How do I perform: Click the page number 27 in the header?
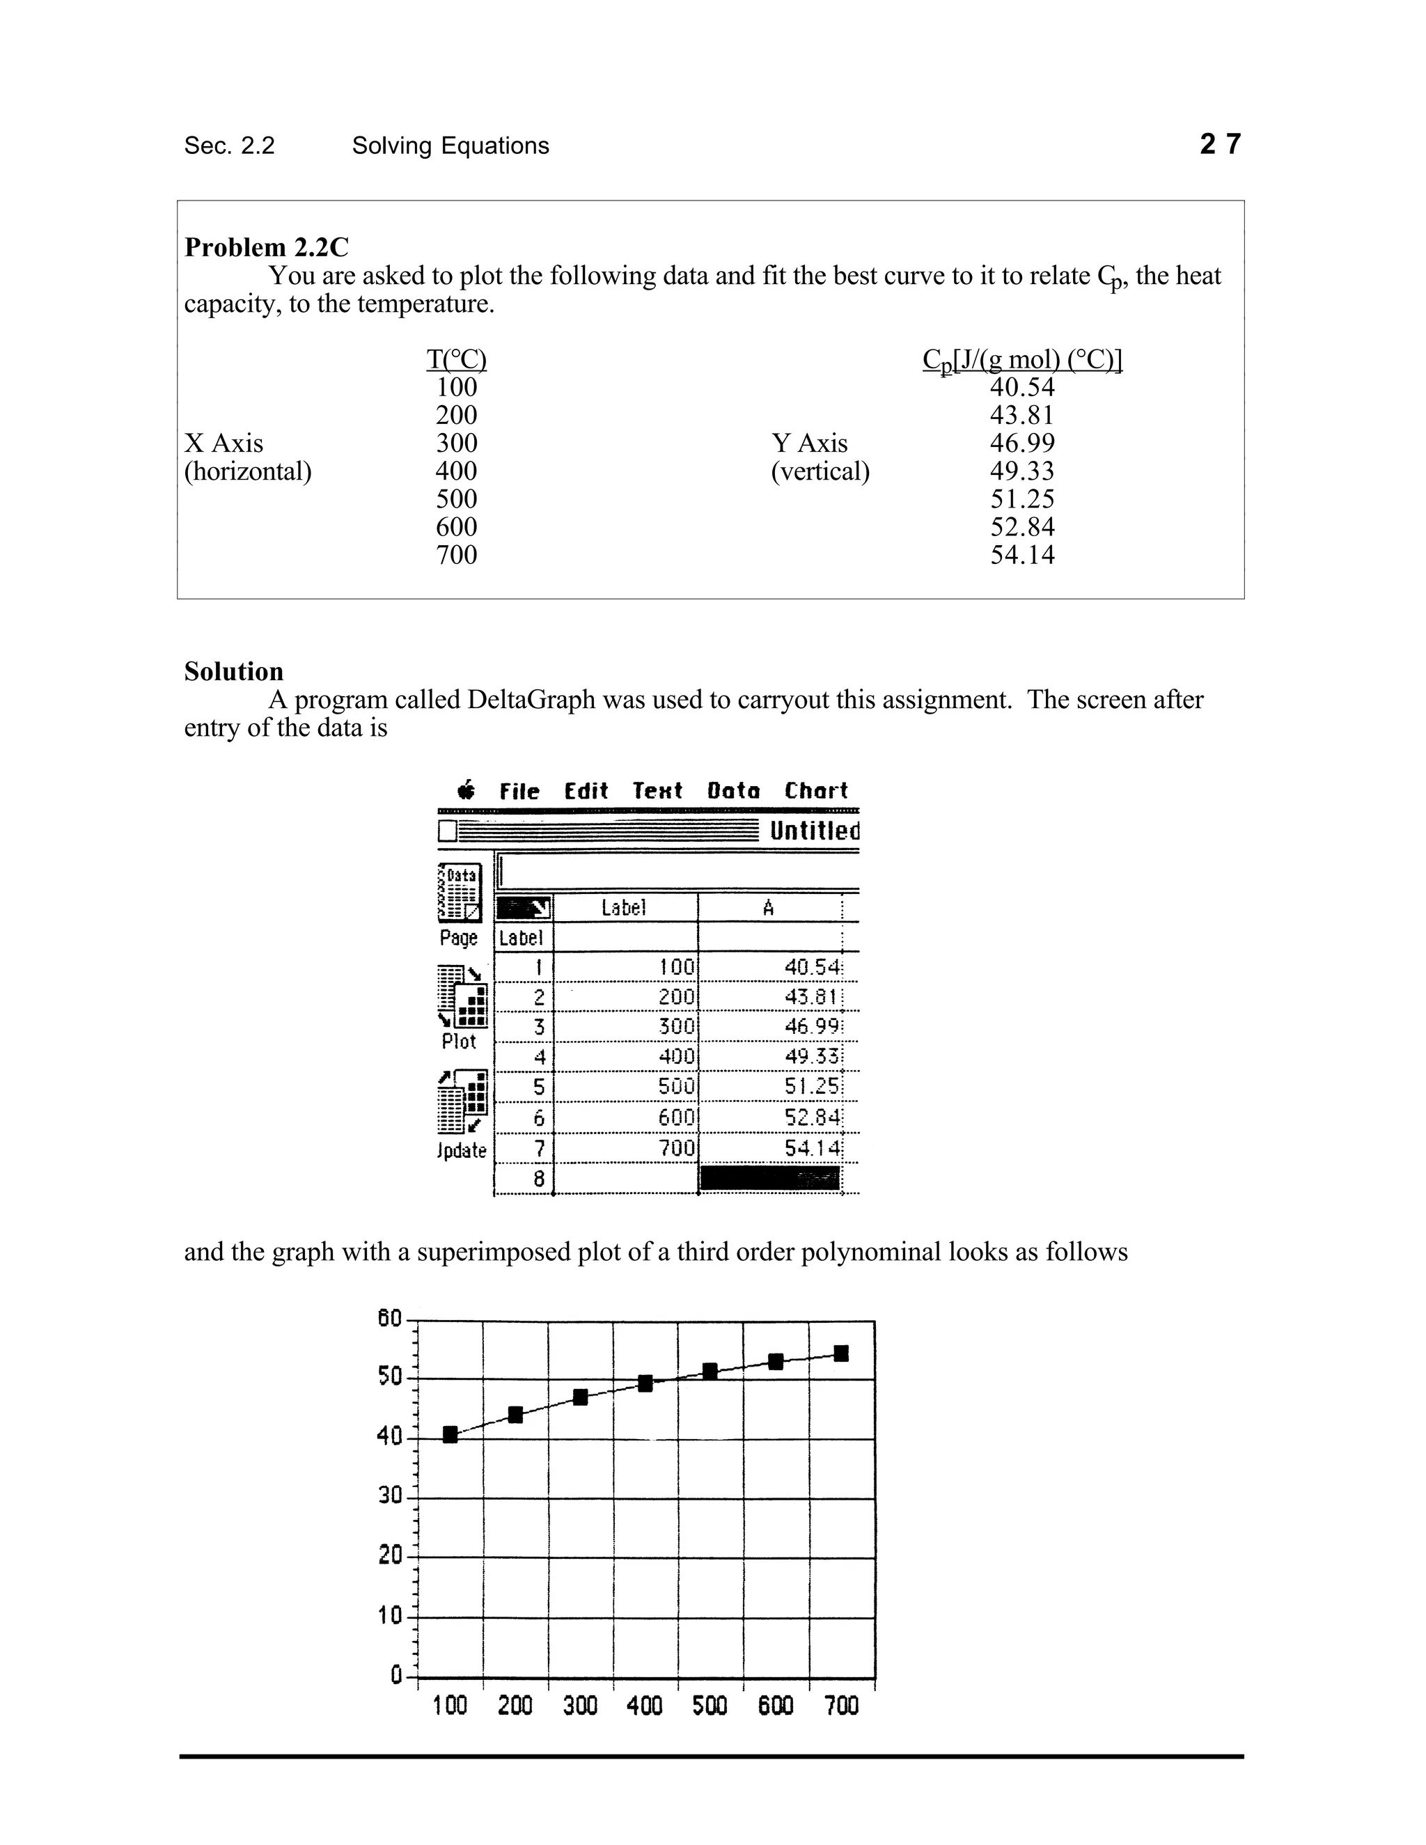[x=1220, y=144]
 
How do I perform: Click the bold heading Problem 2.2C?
[x=266, y=248]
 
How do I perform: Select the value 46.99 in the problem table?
[x=1022, y=443]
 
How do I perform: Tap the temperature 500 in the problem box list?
[x=456, y=498]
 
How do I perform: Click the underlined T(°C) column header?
[x=456, y=360]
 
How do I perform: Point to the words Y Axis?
[x=808, y=443]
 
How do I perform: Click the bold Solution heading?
[x=234, y=672]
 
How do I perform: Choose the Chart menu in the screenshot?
[x=815, y=791]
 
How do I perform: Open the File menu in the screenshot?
[x=519, y=792]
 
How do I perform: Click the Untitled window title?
[x=813, y=831]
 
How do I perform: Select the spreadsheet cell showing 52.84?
[x=812, y=1117]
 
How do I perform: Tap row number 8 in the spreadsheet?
[x=539, y=1179]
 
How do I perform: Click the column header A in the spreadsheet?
[x=768, y=908]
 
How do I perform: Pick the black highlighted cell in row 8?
[x=769, y=1179]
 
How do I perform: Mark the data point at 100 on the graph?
[x=450, y=1434]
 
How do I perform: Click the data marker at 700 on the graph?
[x=841, y=1353]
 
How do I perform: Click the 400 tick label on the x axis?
[x=645, y=1706]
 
